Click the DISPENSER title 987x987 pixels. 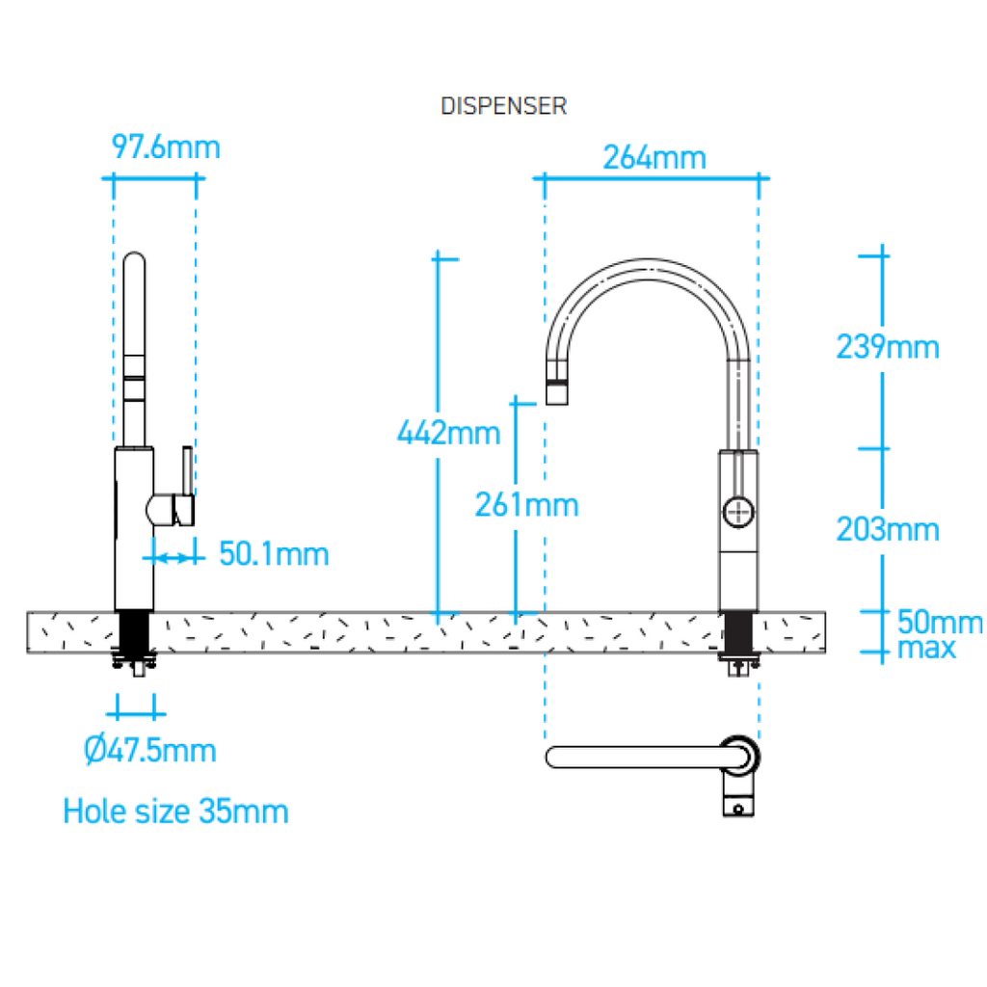coord(503,106)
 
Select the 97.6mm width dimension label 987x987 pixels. coord(166,147)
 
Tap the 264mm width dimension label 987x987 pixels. coord(654,157)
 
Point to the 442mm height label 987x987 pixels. coord(449,433)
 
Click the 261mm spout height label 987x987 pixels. coord(526,503)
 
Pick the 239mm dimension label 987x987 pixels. coord(887,346)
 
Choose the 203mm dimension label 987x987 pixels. coord(887,528)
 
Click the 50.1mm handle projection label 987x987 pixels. coord(274,554)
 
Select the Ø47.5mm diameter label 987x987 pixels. coord(149,750)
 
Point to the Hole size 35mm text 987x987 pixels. coord(175,811)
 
